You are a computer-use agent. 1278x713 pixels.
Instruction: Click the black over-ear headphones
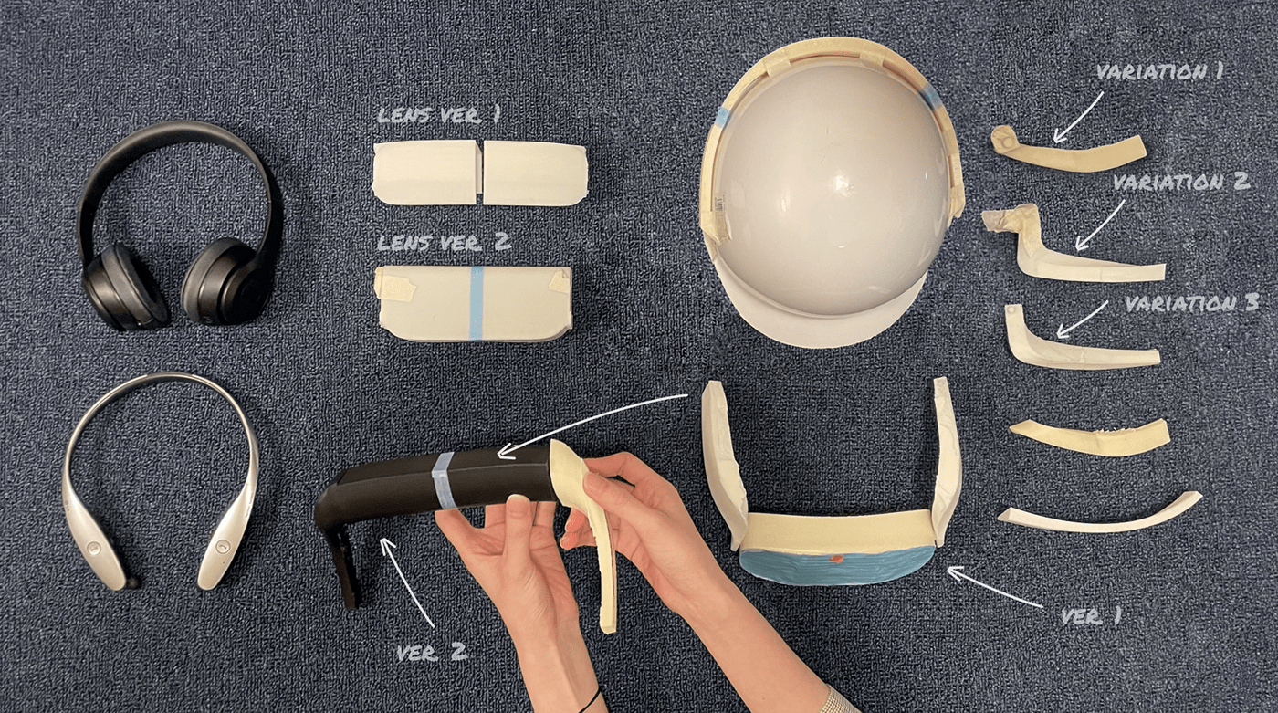[x=180, y=228]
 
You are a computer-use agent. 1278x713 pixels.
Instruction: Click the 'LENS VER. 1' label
[x=438, y=117]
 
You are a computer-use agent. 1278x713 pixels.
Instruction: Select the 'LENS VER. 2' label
[x=445, y=244]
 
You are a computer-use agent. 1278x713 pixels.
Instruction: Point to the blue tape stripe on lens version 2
[x=476, y=302]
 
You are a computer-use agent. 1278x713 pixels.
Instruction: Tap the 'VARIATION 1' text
[x=1159, y=72]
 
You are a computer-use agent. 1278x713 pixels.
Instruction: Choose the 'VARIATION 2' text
[x=1179, y=183]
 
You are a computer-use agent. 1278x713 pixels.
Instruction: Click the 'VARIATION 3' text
[x=1191, y=303]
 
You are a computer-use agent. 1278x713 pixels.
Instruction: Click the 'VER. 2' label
[x=432, y=651]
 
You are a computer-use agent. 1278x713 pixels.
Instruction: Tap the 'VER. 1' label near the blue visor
[x=1091, y=616]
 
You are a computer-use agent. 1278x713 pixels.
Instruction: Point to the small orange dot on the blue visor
[x=835, y=556]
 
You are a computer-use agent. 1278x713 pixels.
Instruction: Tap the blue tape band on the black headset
[x=444, y=479]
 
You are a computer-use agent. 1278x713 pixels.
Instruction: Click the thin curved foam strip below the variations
[x=1100, y=518]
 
